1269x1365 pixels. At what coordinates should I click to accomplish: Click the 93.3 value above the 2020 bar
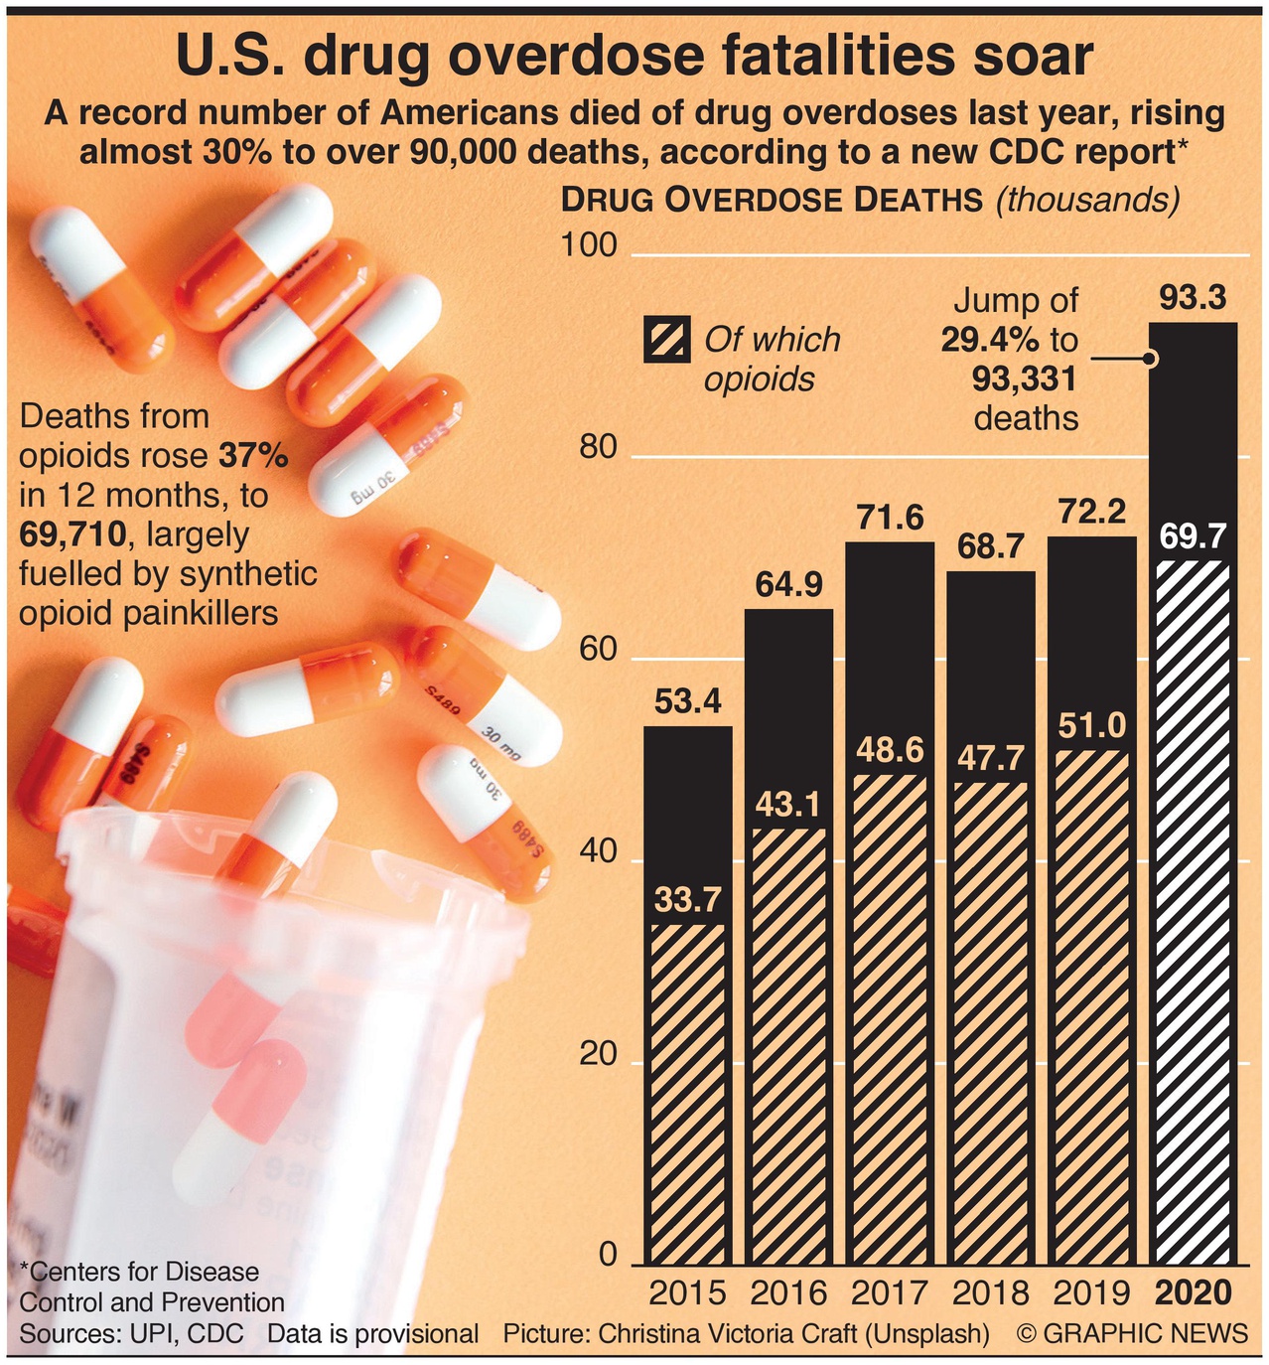click(1193, 298)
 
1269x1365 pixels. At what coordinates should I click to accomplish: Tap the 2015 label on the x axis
click(687, 1292)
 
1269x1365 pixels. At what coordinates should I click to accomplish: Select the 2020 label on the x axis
click(1193, 1292)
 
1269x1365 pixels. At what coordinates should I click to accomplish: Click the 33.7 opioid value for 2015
click(687, 900)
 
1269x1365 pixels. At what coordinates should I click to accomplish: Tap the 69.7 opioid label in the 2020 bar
click(1193, 536)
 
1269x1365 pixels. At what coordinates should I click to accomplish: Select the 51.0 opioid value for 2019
click(1091, 726)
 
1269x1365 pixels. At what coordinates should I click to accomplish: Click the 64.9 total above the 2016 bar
click(788, 585)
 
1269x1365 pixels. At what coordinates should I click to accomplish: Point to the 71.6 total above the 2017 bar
click(890, 518)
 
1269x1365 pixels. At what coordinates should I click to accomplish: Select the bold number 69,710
click(73, 533)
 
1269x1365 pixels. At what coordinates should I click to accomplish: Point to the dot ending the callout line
click(1151, 359)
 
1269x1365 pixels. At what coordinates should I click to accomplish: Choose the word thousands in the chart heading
click(1087, 200)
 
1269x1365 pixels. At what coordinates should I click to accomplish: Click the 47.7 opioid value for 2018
click(991, 759)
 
